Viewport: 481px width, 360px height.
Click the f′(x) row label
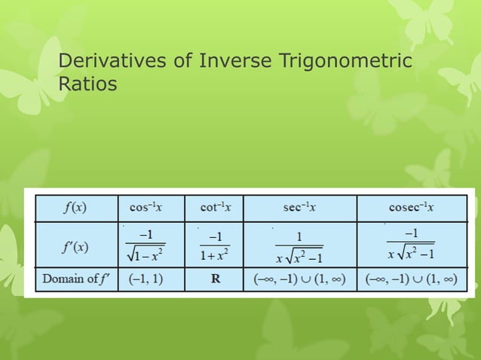pos(73,246)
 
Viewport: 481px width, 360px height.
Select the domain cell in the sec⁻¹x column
pos(299,281)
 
